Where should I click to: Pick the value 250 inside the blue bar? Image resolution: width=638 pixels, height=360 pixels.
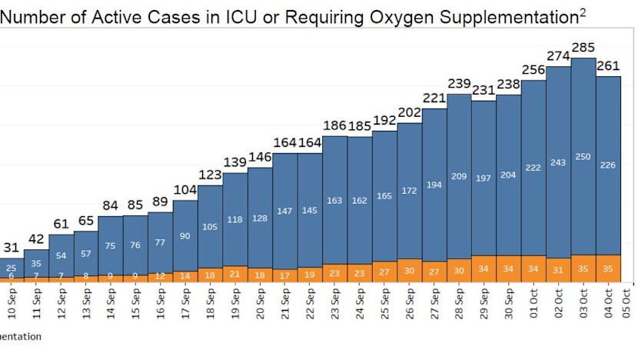[x=583, y=157]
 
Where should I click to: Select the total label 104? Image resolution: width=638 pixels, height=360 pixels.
[x=185, y=190]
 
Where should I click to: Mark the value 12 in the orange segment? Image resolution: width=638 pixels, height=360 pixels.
[x=160, y=275]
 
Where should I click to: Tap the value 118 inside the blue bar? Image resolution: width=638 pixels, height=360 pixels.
[x=235, y=220]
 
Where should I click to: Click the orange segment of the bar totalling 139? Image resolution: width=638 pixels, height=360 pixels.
[x=235, y=274]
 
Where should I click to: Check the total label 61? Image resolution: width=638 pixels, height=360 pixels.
[x=61, y=224]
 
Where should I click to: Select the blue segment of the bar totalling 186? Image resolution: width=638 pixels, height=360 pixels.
[x=334, y=200]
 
